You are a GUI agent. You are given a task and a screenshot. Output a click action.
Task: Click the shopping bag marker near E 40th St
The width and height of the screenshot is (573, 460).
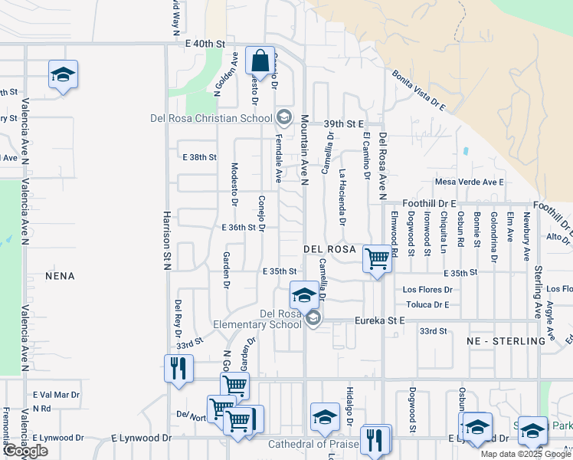point(260,62)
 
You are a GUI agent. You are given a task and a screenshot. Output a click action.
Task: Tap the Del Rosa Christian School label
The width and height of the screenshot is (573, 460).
point(211,118)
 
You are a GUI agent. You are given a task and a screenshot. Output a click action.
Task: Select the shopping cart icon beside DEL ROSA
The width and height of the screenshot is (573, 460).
point(376,259)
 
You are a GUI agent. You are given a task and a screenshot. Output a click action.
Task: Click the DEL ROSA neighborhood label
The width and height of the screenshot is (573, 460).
point(329,250)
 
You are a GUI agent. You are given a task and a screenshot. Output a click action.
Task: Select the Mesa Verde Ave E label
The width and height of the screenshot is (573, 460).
point(469,182)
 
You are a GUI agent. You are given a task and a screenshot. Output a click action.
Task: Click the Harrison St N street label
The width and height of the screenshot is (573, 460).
point(166,239)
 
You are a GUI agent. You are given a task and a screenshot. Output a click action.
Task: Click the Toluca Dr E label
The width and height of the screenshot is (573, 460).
point(426,304)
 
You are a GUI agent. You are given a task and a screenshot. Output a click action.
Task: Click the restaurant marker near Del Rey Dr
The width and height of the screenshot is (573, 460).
point(175,368)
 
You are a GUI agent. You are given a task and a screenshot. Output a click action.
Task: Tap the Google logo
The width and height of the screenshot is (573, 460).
point(25,451)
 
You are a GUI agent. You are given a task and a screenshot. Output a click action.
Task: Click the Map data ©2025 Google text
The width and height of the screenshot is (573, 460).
point(525,454)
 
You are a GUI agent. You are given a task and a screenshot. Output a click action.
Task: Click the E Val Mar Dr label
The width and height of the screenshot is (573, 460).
point(56,395)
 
